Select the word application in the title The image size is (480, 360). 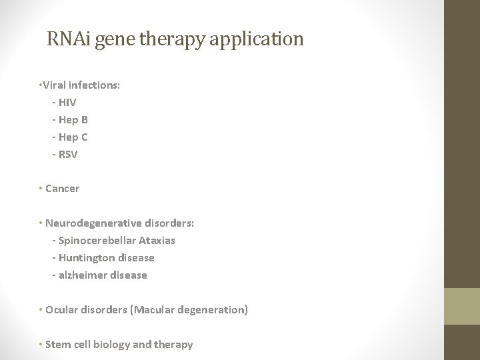click(257, 39)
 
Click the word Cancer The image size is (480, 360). click(62, 189)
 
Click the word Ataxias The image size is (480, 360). click(157, 241)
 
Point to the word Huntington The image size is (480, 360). click(86, 258)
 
